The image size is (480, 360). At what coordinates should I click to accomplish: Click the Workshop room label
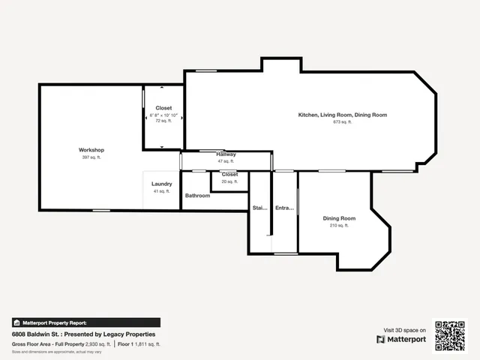(91, 150)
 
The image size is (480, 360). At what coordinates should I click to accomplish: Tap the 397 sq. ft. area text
(91, 157)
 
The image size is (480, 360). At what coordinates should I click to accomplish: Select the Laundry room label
(162, 184)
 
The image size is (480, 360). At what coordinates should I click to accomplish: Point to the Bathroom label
(198, 196)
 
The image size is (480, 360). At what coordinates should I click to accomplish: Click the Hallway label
(226, 154)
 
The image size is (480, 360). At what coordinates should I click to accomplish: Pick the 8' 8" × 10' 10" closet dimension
(163, 115)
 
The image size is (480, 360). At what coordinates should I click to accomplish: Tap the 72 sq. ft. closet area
(163, 121)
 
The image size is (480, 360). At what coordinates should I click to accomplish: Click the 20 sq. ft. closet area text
(229, 181)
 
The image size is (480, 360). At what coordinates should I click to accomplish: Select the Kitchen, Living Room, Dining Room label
(342, 115)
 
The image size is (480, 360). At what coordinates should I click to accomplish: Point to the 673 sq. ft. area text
(342, 121)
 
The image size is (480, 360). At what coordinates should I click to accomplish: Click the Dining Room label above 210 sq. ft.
(339, 218)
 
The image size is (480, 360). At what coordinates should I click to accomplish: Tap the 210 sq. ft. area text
(339, 225)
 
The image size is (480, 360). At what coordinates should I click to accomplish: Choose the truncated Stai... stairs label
(259, 208)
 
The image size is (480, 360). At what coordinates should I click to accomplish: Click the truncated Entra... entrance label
(284, 208)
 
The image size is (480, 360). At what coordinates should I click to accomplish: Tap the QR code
(450, 335)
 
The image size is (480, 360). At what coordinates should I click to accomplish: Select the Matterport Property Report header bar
(85, 322)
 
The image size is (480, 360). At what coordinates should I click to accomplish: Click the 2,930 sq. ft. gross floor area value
(97, 344)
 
